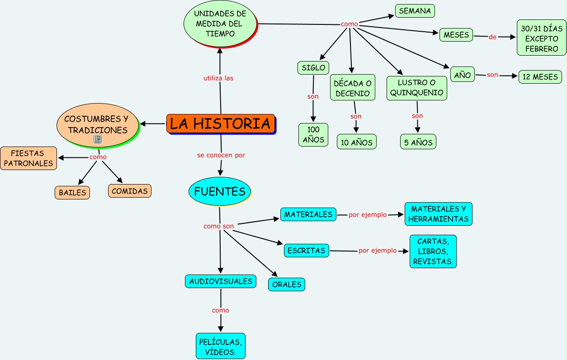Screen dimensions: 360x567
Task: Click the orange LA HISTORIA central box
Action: (x=220, y=123)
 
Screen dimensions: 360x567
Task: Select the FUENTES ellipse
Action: (x=219, y=191)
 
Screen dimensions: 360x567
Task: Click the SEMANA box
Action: (x=415, y=11)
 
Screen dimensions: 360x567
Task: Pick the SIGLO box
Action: (x=313, y=68)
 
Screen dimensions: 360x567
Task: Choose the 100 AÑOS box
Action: (x=313, y=135)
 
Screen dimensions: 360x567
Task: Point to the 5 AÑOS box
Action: (x=418, y=142)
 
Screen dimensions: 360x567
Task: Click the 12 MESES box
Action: (x=540, y=77)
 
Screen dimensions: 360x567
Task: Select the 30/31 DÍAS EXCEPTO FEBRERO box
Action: (x=541, y=38)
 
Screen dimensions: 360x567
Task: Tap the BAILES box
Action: (x=72, y=193)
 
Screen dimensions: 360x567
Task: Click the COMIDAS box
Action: (x=130, y=191)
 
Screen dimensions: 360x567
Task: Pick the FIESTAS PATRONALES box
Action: (x=28, y=158)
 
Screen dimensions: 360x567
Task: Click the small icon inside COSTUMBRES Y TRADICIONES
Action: (x=97, y=140)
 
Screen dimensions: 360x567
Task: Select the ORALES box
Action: (x=287, y=284)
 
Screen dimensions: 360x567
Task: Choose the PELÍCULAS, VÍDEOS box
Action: (x=221, y=346)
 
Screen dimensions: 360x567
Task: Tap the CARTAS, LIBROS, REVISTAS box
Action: (x=433, y=251)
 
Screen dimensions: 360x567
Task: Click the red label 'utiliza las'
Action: (x=218, y=78)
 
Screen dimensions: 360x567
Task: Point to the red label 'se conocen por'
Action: (x=221, y=155)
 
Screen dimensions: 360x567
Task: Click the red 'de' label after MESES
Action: (x=492, y=37)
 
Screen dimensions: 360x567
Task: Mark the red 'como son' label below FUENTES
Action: (x=219, y=226)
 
